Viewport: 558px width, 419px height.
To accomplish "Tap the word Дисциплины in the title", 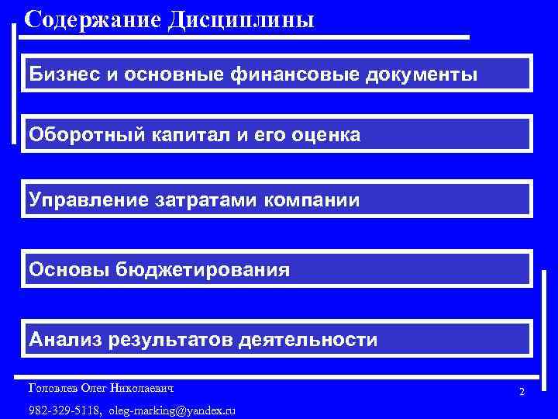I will point(240,19).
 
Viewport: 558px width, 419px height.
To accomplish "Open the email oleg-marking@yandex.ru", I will point(172,410).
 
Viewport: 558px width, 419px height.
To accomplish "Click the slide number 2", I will point(522,392).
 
